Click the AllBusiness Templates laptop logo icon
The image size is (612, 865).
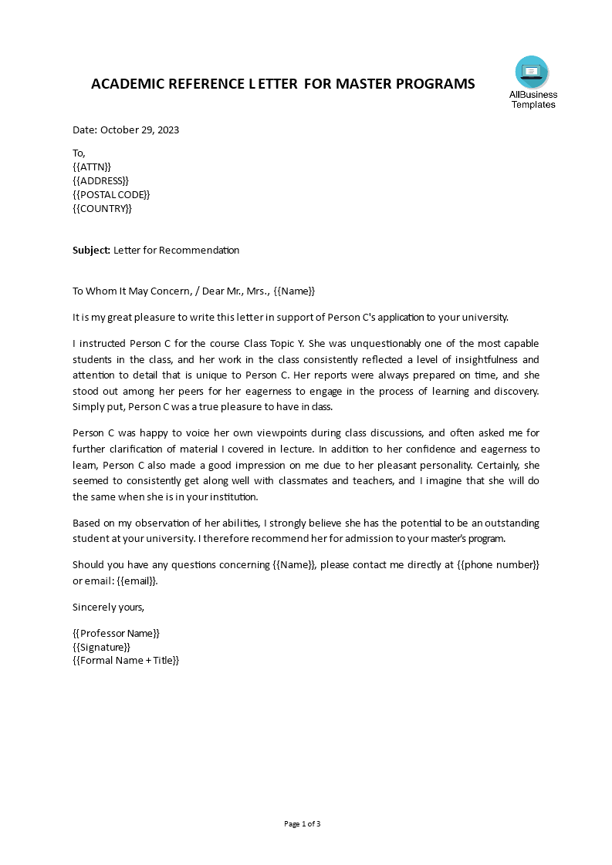point(532,72)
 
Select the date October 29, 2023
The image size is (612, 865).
point(140,130)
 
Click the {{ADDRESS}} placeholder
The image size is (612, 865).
point(100,180)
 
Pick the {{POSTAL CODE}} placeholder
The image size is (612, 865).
point(111,194)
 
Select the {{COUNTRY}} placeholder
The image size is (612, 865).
point(102,208)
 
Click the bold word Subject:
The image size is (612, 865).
point(92,250)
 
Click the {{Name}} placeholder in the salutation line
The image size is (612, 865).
point(294,291)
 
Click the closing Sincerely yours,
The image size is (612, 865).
point(108,607)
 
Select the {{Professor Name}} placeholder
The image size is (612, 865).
point(116,633)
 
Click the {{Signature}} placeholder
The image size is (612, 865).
point(101,647)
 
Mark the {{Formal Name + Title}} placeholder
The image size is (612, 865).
point(126,660)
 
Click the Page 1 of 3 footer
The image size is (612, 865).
point(303,823)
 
